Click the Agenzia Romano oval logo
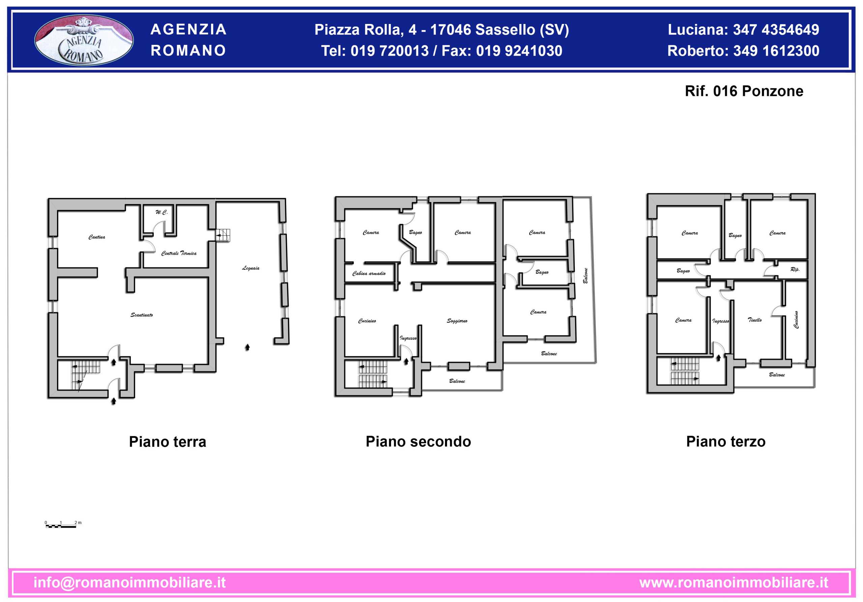click(x=84, y=40)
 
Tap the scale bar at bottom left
click(x=61, y=526)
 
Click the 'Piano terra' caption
click(x=168, y=442)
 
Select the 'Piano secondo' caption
click(x=418, y=441)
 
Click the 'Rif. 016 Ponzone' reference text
click(x=744, y=91)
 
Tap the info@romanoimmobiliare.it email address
click(x=130, y=582)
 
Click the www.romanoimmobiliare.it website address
click(x=734, y=582)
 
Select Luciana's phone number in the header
click(x=776, y=30)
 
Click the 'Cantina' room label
click(x=97, y=237)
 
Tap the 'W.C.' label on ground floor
click(x=161, y=212)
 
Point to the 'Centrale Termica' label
click(x=179, y=253)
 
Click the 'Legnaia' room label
click(x=251, y=268)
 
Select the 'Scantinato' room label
click(x=142, y=315)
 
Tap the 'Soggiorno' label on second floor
click(x=457, y=321)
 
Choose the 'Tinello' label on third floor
click(x=755, y=320)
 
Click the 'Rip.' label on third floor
click(x=795, y=269)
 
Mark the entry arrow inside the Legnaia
click(x=247, y=347)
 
